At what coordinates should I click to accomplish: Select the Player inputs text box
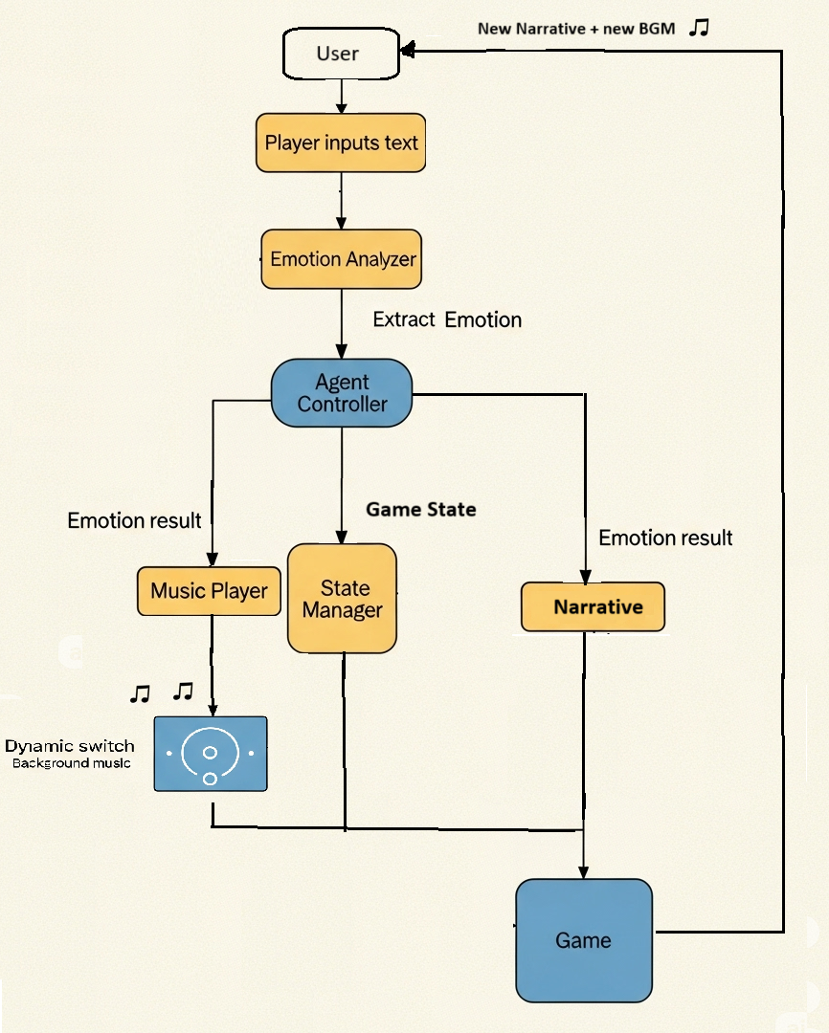point(341,143)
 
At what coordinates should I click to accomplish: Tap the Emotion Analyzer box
point(341,258)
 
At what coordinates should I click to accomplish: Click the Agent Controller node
point(342,393)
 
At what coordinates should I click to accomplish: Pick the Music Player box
point(209,590)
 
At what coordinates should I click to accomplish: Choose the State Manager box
point(342,599)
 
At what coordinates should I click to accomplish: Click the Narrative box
point(593,607)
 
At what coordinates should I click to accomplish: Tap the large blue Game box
point(583,940)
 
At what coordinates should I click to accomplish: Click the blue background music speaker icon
point(211,754)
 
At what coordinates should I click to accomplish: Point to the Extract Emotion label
point(447,319)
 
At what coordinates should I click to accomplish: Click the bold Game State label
point(420,510)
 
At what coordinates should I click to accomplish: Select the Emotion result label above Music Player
point(134,520)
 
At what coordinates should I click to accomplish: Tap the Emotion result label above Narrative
point(665,538)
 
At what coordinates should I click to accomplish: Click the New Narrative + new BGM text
point(576,29)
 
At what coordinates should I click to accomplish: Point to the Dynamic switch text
point(70,746)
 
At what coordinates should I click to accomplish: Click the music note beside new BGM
point(699,28)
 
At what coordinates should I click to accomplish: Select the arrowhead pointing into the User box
point(408,49)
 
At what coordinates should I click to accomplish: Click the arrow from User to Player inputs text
point(341,96)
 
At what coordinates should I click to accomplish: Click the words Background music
point(72,763)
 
